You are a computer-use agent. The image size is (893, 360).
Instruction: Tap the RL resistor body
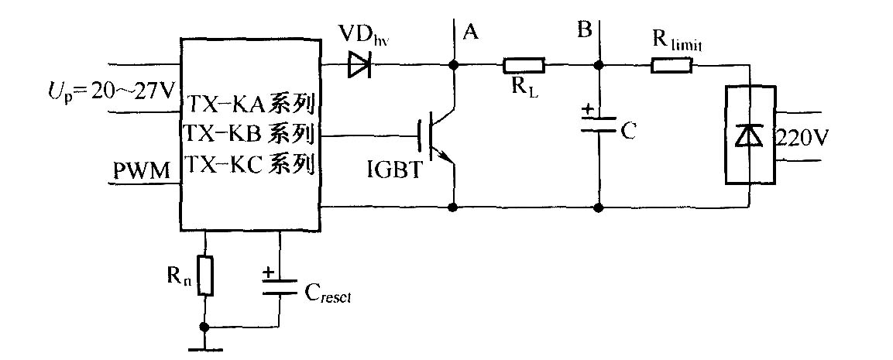tap(524, 66)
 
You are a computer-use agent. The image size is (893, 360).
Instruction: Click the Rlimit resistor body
tap(671, 66)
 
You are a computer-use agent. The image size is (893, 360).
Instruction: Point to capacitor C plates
tap(599, 124)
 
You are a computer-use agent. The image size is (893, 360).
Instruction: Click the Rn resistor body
tap(204, 276)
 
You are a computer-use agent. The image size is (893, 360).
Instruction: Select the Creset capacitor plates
tap(280, 287)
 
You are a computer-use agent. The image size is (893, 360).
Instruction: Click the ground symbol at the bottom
tap(204, 348)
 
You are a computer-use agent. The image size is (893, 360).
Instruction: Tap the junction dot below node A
tap(454, 66)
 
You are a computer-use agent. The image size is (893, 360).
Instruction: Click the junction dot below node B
tap(599, 66)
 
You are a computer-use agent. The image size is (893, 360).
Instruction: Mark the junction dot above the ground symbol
tap(204, 326)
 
